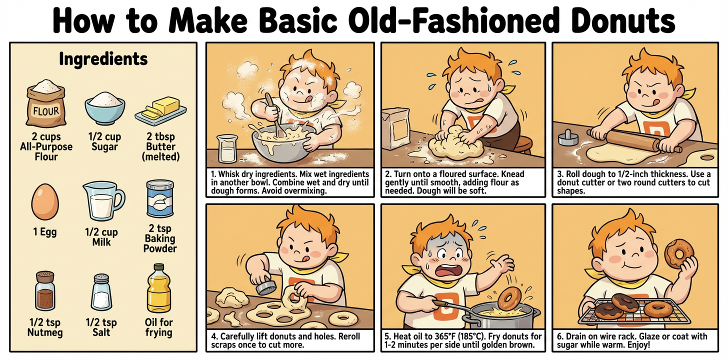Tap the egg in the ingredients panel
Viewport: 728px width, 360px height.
coord(45,202)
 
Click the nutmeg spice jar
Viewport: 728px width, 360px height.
coord(45,291)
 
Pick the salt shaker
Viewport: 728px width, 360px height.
coord(101,292)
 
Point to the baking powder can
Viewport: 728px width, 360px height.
coord(160,199)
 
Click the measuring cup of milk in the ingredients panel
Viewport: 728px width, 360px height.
coord(103,201)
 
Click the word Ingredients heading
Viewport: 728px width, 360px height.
coord(103,59)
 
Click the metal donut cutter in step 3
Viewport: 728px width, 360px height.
coord(568,138)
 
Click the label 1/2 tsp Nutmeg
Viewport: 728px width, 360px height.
coord(45,327)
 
